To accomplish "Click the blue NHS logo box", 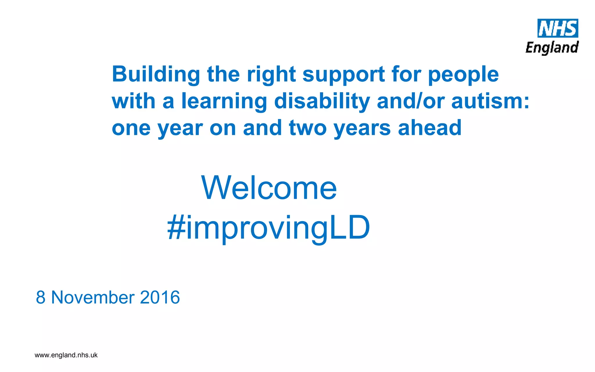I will coord(558,28).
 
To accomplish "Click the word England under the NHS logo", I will coord(552,48).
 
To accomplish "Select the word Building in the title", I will coord(156,74).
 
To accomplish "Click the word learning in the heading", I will coord(224,102).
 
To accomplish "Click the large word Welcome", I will coord(269,188).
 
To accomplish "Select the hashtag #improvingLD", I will coord(269,228).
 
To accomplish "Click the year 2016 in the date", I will coord(160,297).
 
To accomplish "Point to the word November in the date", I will coord(93,297).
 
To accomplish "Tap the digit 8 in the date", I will coord(41,297).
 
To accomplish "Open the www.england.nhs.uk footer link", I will coord(66,355).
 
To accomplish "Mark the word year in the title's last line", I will coord(180,128).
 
